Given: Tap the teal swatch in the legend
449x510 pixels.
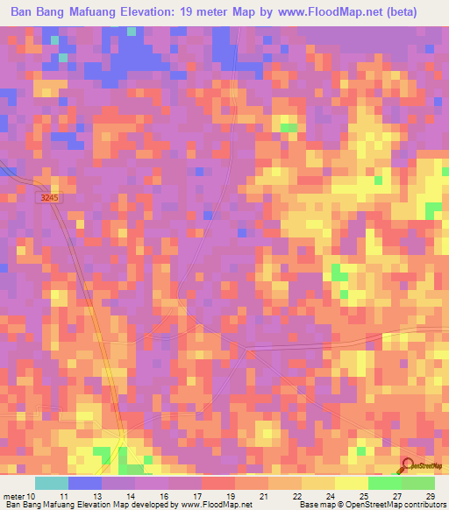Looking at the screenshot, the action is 52,482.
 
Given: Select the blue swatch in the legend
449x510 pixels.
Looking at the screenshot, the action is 85,482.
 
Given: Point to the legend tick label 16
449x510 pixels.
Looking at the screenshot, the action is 165,495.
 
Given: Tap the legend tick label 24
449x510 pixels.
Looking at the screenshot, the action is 331,495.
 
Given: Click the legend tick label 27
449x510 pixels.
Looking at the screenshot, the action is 397,495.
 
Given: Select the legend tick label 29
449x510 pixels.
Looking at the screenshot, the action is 430,495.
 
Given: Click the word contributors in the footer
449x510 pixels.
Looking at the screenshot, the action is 424,505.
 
